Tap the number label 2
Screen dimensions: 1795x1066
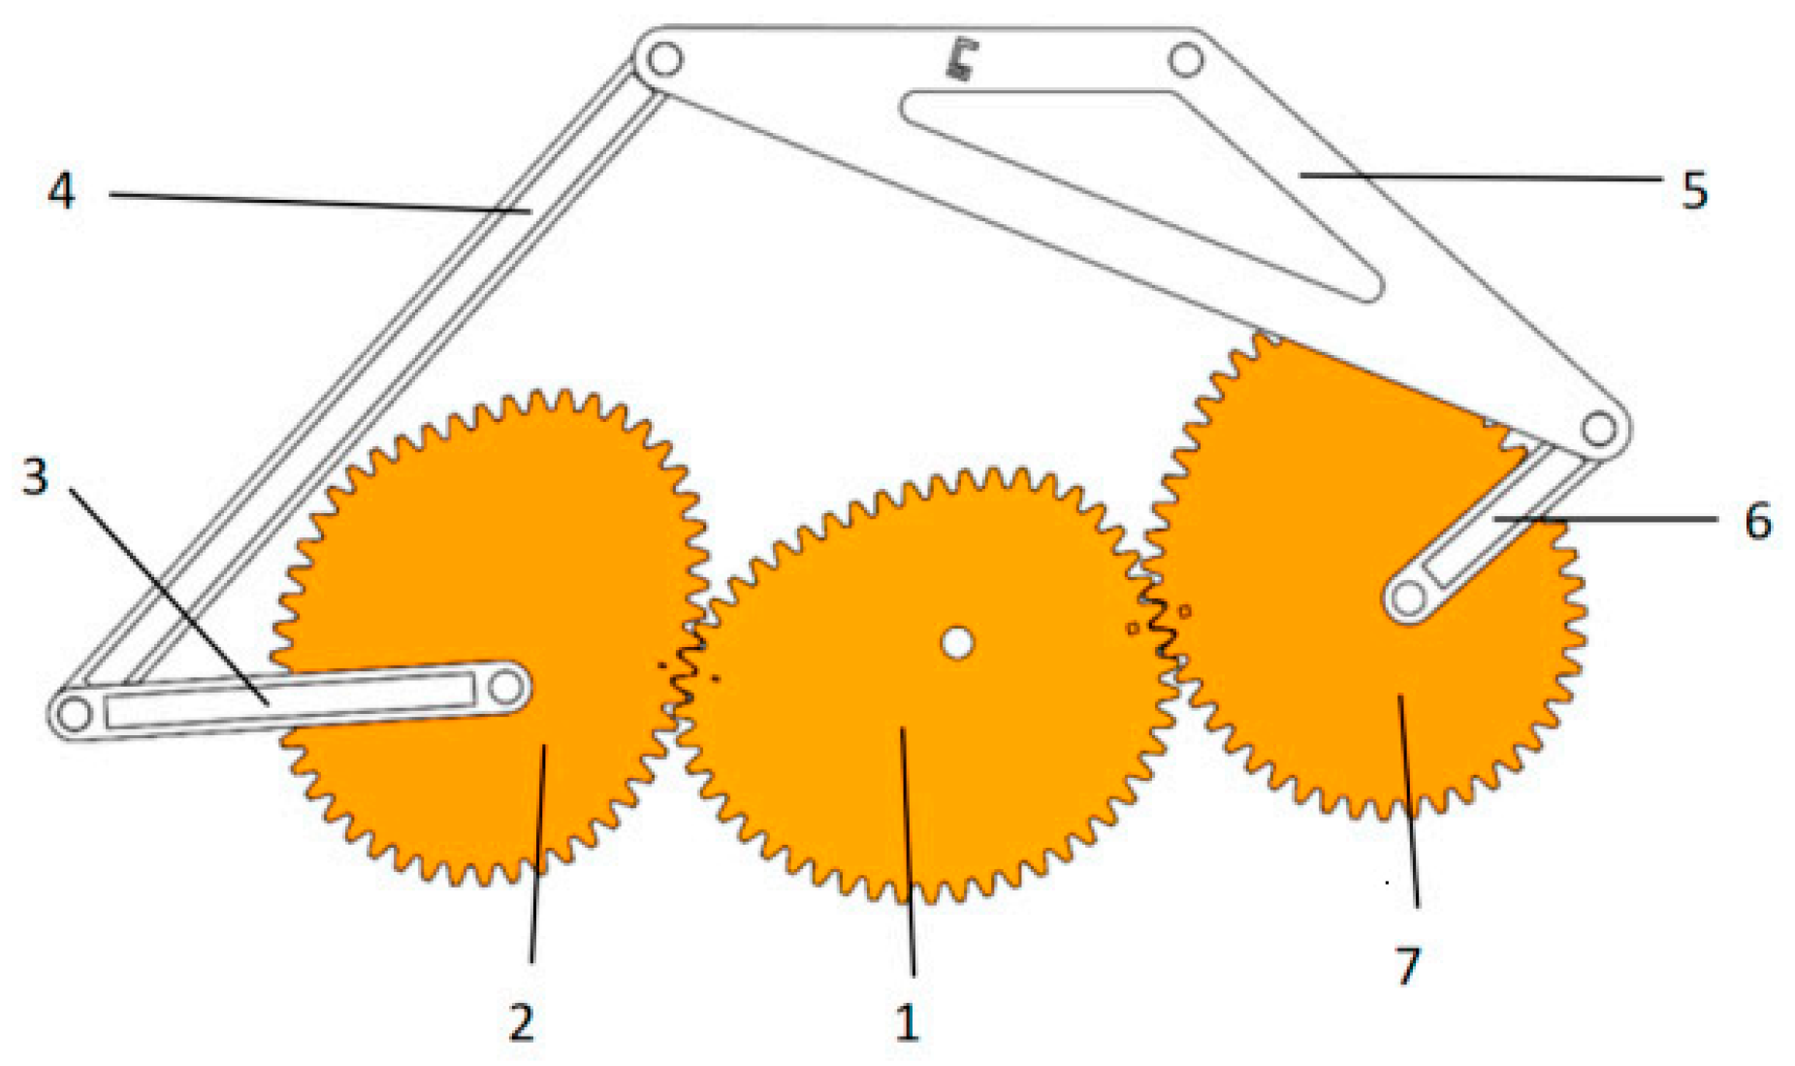click(521, 1022)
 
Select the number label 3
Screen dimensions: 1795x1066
click(35, 476)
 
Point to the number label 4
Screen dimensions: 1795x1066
click(61, 190)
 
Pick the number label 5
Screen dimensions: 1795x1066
click(1693, 191)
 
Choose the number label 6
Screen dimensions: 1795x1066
click(1757, 522)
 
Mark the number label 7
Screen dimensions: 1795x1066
click(1407, 965)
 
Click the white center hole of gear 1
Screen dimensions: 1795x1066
click(957, 642)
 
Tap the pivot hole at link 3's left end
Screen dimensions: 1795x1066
click(74, 714)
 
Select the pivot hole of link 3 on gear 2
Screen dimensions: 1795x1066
click(505, 688)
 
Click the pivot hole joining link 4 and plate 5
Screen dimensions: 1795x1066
click(663, 60)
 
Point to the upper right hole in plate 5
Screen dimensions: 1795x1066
click(1185, 60)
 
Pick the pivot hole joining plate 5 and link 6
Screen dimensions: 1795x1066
click(1598, 428)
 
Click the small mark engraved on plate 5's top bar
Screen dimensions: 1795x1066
click(960, 60)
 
